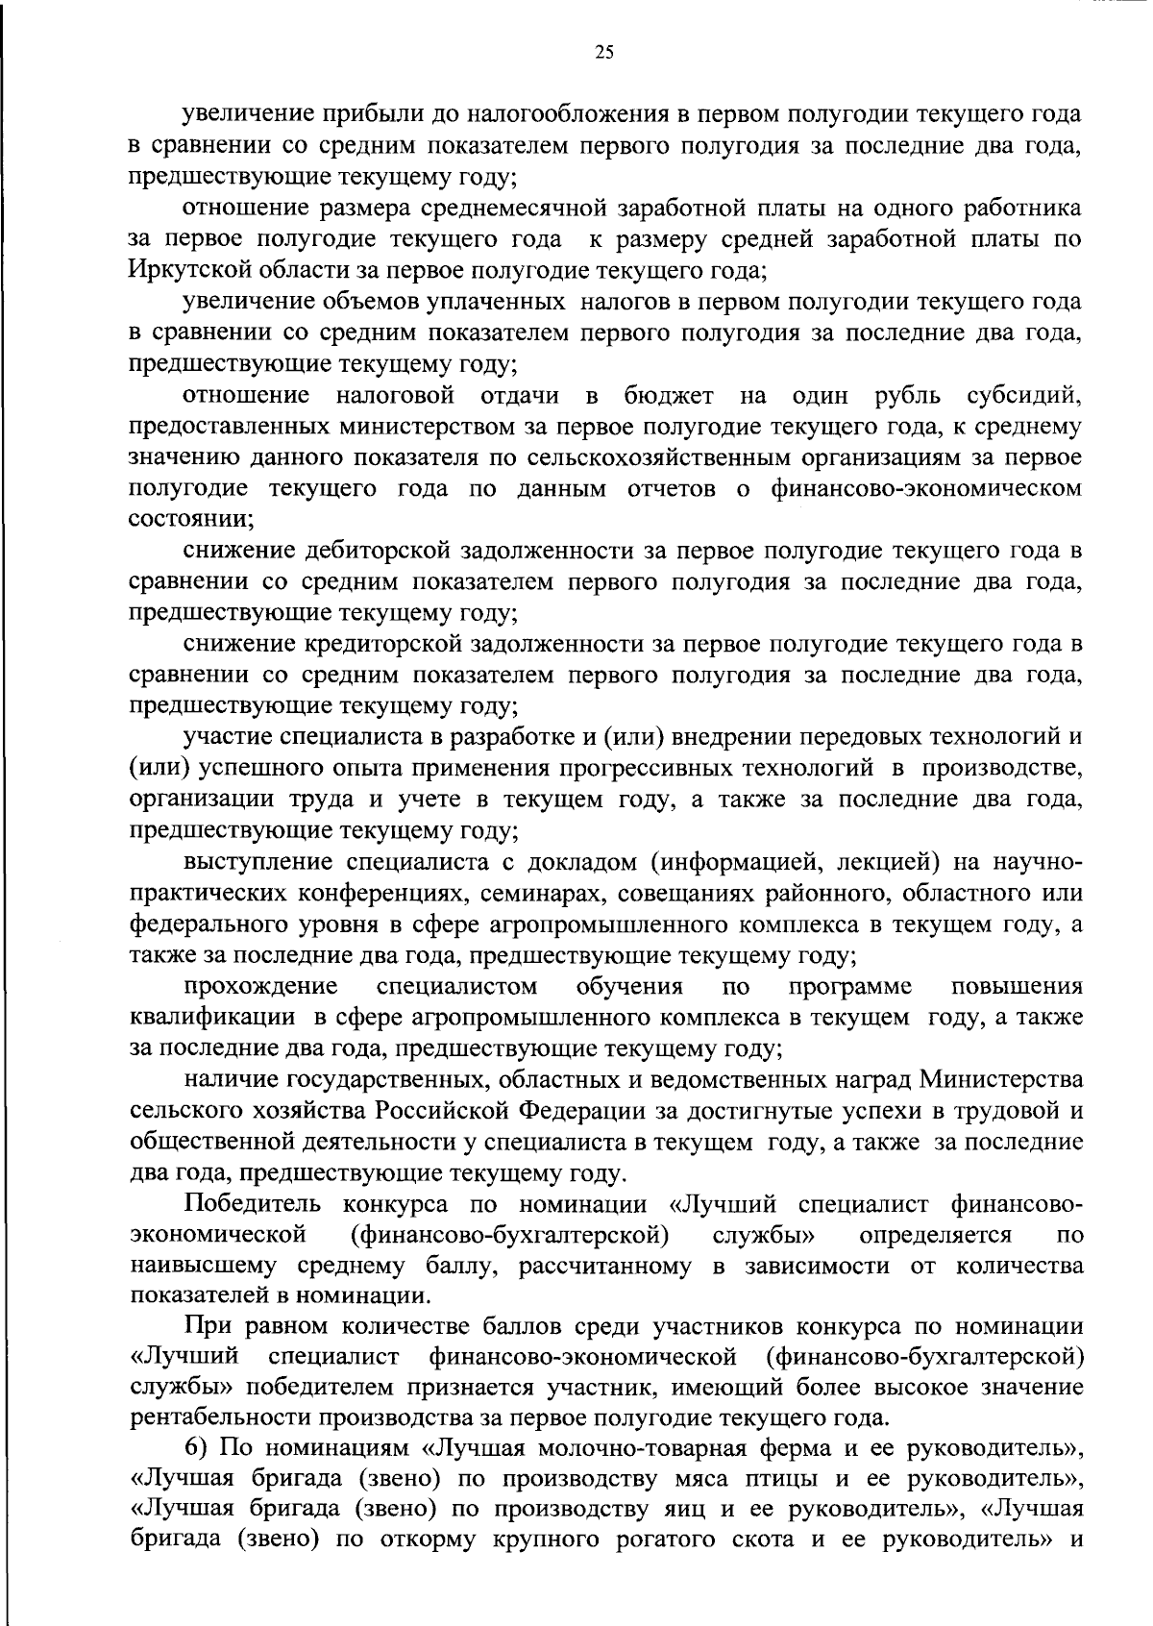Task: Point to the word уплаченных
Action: (499, 302)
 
